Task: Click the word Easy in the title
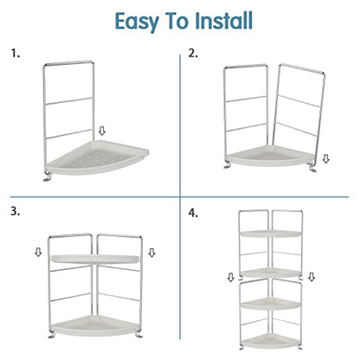pos(137,22)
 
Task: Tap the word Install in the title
pos(223,21)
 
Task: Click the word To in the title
pos(177,22)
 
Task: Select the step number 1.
pos(16,54)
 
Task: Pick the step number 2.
pos(193,54)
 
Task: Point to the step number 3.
pos(16,211)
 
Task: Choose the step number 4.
pos(193,213)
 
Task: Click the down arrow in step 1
pos(102,131)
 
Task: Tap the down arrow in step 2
pos(325,158)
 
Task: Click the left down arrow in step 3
pos(38,253)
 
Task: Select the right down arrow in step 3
pos(151,253)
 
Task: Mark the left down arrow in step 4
pos(231,278)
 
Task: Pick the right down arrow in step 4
pos(312,277)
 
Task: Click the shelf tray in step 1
pos(98,157)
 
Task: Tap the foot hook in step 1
pos(47,177)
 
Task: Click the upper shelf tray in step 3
pos(95,259)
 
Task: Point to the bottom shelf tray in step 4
pos(270,341)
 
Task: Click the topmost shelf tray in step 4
pos(270,234)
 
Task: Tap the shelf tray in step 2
pos(270,156)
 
